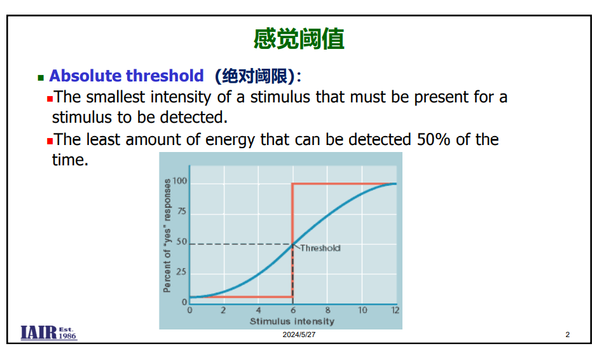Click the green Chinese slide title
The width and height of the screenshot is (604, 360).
click(x=299, y=39)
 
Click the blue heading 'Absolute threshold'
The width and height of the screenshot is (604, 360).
click(x=127, y=76)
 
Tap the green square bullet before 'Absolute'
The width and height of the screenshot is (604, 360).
click(x=41, y=78)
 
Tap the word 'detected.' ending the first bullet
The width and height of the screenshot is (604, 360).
click(x=194, y=118)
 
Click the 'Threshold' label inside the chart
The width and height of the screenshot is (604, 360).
click(x=320, y=248)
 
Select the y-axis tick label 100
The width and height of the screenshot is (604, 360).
click(x=180, y=181)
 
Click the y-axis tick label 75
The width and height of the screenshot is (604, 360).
click(x=181, y=211)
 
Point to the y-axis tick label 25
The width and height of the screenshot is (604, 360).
click(x=181, y=272)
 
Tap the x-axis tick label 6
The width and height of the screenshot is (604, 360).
click(x=293, y=310)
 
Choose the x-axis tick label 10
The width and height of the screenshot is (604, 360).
click(x=362, y=310)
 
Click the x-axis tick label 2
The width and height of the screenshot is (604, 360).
click(x=223, y=310)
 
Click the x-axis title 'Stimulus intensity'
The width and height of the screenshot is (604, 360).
click(x=292, y=321)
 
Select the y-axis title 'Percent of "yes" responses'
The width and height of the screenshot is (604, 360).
click(x=167, y=235)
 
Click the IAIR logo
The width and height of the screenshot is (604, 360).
click(x=49, y=333)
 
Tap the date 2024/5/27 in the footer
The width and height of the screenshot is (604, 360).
click(x=299, y=335)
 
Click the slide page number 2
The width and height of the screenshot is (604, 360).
click(x=567, y=335)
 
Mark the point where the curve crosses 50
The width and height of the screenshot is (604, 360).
click(x=292, y=244)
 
